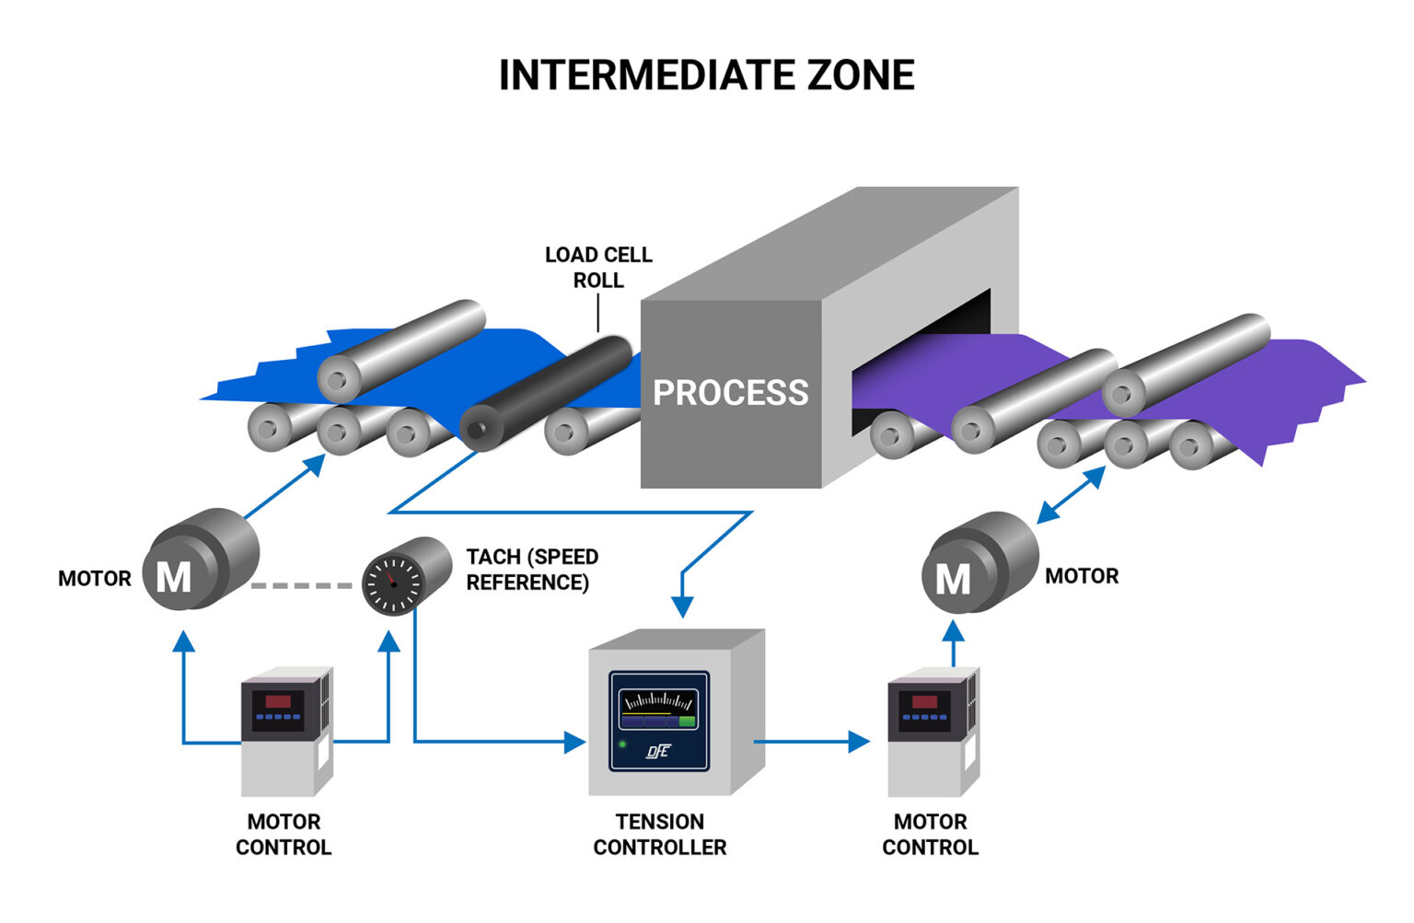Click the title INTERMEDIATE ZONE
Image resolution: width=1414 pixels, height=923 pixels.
tap(706, 75)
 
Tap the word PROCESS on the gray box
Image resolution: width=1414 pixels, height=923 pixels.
tap(730, 393)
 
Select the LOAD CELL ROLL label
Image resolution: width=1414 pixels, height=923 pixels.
tap(598, 267)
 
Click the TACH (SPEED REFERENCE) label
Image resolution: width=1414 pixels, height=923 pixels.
tap(531, 570)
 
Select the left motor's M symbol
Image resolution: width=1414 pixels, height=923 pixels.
tap(173, 578)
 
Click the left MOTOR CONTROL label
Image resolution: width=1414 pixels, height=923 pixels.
tap(284, 835)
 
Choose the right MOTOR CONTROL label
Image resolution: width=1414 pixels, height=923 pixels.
tap(930, 835)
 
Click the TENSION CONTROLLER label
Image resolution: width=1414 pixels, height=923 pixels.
tap(660, 835)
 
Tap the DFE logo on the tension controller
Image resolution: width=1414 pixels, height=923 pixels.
tap(657, 752)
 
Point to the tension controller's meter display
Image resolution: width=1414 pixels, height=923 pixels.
tap(657, 708)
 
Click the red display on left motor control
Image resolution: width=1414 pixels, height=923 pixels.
tap(278, 701)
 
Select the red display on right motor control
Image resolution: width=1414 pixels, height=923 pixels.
tap(923, 701)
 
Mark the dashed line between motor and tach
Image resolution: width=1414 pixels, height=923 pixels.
tap(302, 585)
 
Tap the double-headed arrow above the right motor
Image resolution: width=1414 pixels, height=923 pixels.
tap(1071, 495)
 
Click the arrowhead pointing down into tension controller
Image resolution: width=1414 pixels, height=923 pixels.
tap(682, 606)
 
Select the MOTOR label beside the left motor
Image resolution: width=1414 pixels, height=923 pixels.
tap(95, 579)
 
